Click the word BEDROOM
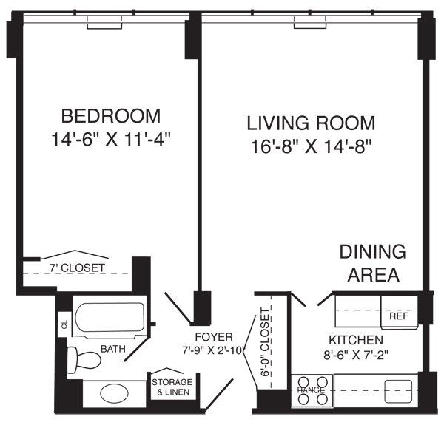(111, 116)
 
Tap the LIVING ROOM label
(311, 122)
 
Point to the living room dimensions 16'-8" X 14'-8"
(310, 146)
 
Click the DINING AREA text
(372, 262)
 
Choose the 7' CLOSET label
(78, 267)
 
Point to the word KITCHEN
(356, 340)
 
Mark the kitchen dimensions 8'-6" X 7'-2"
(356, 354)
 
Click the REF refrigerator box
(397, 316)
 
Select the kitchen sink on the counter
(397, 389)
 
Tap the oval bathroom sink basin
(113, 392)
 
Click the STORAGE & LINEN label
(172, 387)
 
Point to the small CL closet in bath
(64, 324)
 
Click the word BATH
(113, 347)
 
